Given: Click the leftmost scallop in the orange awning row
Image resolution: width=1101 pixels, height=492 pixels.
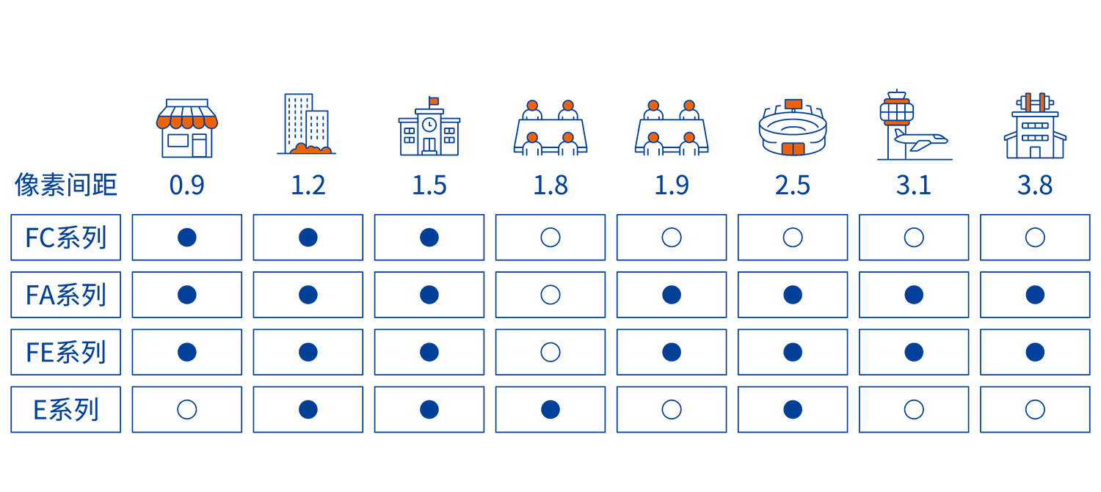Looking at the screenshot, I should (163, 122).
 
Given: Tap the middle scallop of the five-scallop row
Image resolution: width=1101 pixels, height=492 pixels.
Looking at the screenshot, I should (187, 122).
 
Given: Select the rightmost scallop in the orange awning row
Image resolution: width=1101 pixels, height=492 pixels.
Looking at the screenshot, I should (211, 122).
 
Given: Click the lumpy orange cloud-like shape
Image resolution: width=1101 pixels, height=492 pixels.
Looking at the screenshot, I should (310, 150).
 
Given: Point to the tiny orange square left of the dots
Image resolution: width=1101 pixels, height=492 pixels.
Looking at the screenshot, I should (434, 101).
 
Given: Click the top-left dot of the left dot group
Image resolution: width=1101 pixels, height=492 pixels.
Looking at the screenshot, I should (532, 106).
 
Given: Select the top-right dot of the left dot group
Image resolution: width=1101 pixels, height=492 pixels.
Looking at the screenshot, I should (568, 106).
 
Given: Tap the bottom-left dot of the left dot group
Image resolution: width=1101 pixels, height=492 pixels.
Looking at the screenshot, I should (532, 138).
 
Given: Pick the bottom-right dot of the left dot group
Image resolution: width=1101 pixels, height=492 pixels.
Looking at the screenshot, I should (568, 138).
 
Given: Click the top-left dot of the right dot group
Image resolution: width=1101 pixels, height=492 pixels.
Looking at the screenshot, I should (653, 106).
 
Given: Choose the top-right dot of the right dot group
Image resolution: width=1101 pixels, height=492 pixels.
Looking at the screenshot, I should (689, 106).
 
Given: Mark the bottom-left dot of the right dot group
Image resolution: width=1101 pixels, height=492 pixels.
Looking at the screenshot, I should (653, 138).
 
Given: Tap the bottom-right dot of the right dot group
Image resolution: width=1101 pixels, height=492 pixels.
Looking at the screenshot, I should (689, 138).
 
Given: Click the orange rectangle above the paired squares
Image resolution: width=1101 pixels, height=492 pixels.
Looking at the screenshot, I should (793, 104).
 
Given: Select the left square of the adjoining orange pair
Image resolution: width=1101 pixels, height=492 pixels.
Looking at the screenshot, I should (788, 149).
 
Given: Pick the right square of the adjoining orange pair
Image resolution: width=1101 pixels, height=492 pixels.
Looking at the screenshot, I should (799, 149).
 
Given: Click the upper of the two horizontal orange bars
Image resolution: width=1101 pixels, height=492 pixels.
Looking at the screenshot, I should (897, 101).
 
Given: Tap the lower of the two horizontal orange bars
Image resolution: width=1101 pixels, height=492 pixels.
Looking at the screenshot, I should (897, 122).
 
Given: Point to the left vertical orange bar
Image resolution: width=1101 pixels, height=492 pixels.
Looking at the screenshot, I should (1028, 103).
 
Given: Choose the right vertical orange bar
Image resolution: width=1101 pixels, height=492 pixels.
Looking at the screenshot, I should (1042, 103).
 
